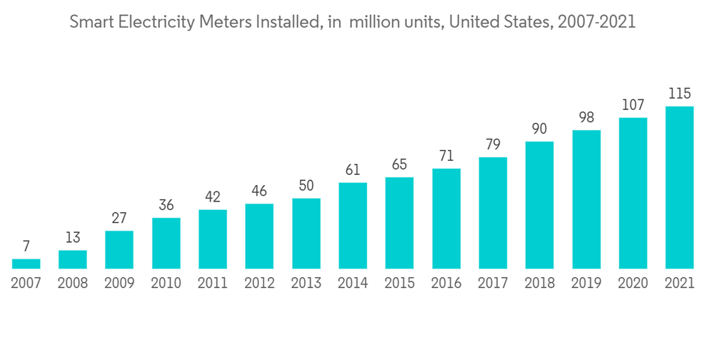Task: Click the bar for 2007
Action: (26, 264)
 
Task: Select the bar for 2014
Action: (353, 226)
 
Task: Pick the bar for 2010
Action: (166, 243)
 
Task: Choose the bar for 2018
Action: (539, 205)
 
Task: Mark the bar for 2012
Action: (259, 236)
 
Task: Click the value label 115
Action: (679, 94)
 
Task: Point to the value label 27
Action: (119, 218)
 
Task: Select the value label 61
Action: (353, 170)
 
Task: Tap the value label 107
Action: (633, 104)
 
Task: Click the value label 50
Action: (306, 186)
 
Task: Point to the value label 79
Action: (493, 144)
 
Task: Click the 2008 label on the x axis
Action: (73, 284)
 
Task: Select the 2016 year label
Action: (446, 284)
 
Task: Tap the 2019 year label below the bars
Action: (585, 284)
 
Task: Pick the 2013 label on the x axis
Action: (306, 284)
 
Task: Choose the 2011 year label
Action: (213, 284)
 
